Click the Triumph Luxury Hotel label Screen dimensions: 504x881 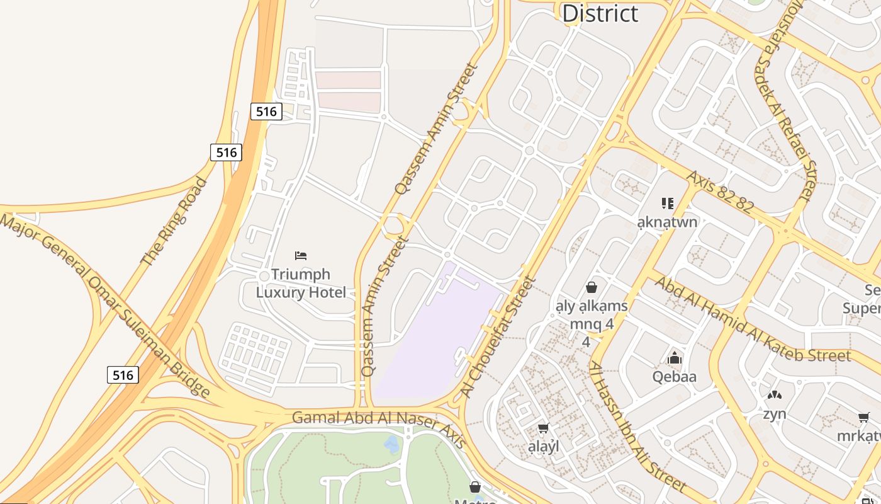[301, 283]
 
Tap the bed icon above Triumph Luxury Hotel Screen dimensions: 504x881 [301, 256]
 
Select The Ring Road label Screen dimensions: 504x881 [174, 221]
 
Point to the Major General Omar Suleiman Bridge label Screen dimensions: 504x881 [105, 306]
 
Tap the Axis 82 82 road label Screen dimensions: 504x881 [720, 192]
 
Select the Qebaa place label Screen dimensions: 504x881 [675, 377]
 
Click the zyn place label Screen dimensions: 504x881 [775, 414]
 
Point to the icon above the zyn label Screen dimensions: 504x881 [774, 396]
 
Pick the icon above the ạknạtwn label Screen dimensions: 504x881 [668, 203]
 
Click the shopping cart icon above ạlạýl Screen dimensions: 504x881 [543, 428]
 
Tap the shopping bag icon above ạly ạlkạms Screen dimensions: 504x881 [592, 288]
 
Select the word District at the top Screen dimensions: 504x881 [600, 13]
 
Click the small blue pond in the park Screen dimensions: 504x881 [391, 445]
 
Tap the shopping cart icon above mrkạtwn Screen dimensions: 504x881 [864, 418]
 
